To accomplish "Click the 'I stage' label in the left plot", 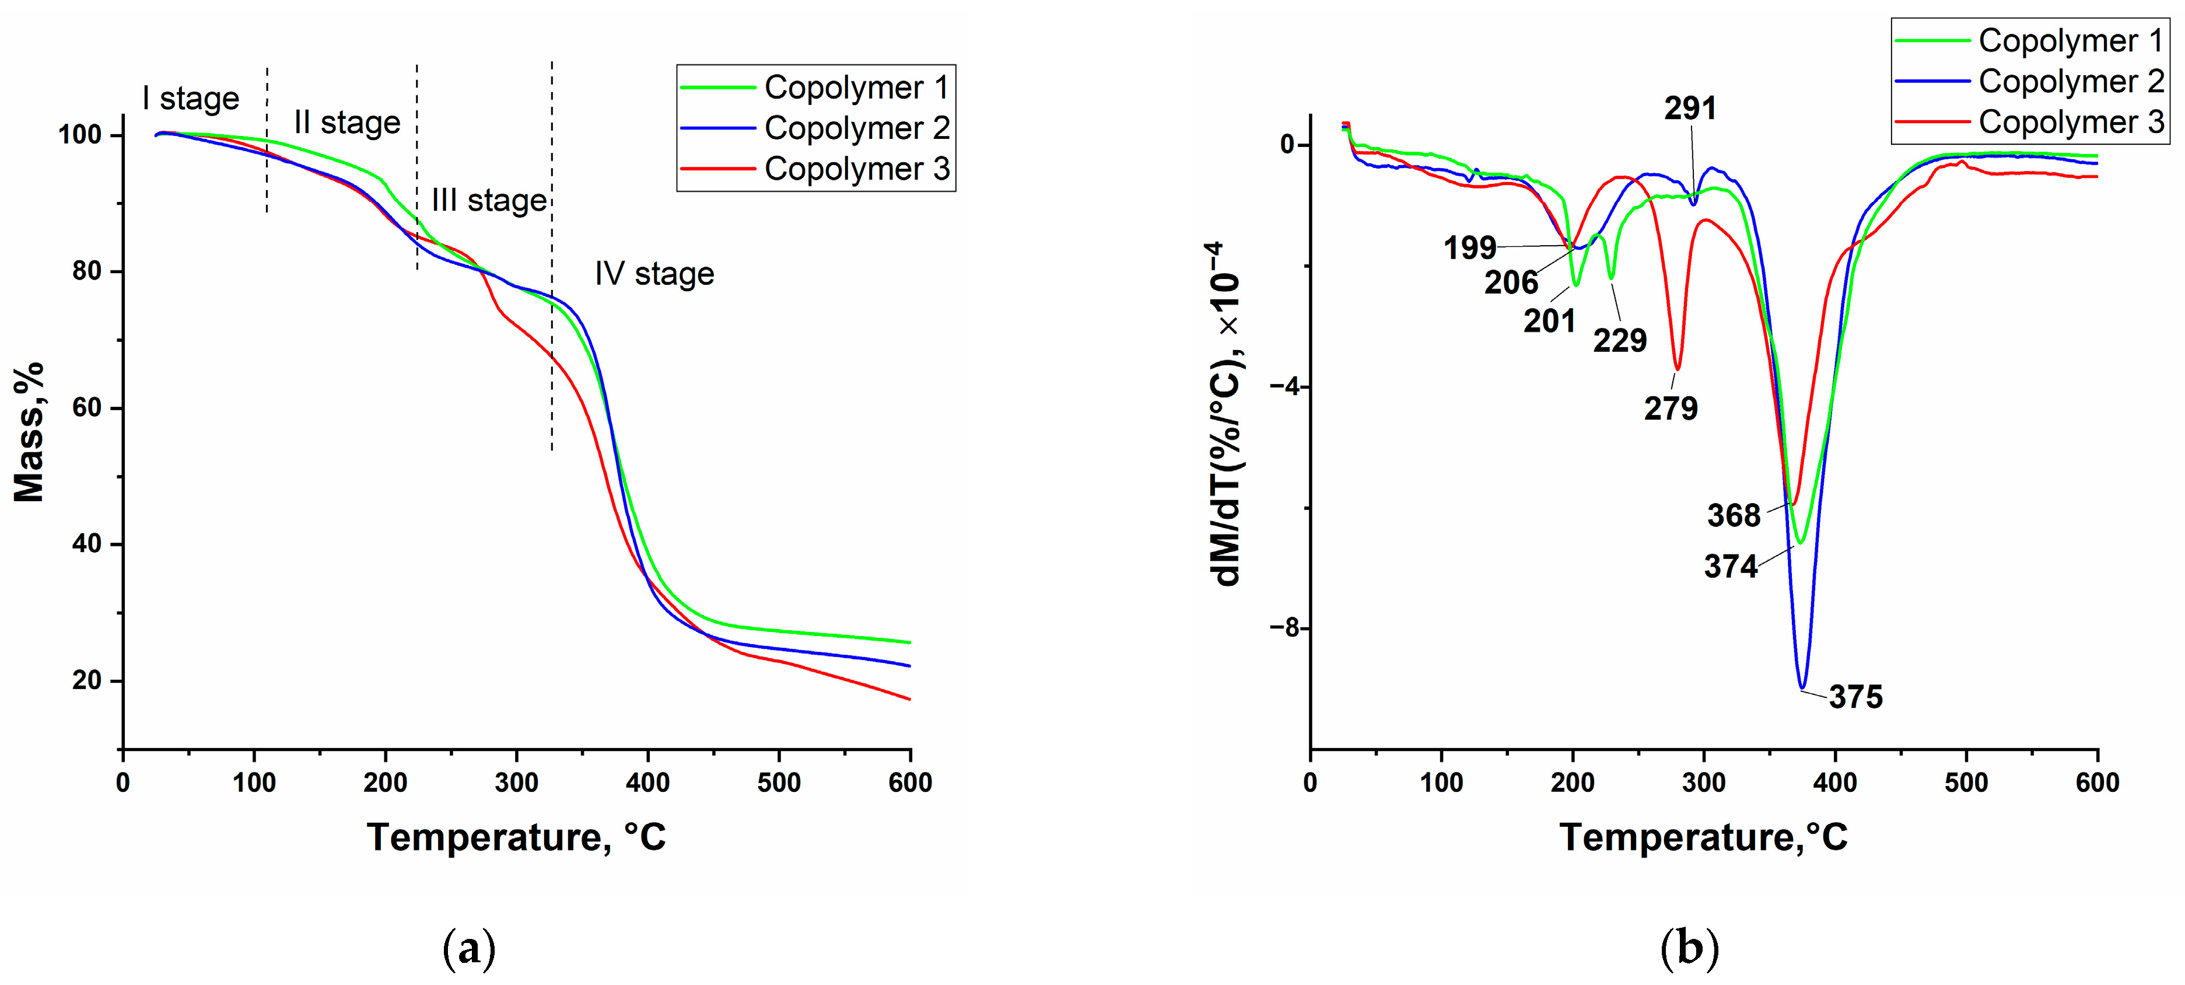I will click(190, 99).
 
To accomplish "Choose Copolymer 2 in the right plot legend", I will click(2071, 82).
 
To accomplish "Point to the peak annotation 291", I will click(1690, 108).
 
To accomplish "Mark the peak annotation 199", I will click(1470, 248).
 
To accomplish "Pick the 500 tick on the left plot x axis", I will click(779, 783).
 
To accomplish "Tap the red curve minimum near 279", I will click(1677, 369).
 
